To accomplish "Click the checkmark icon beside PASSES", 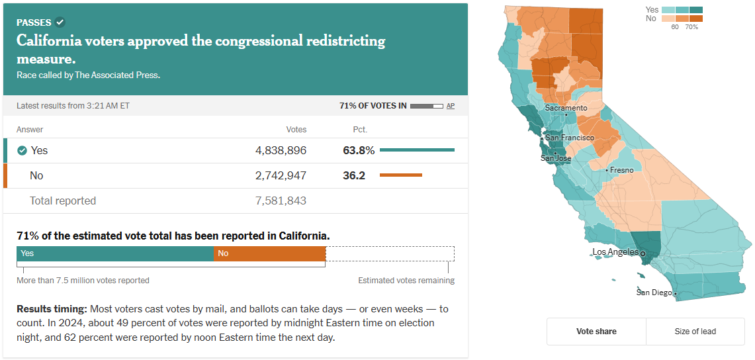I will (60, 22).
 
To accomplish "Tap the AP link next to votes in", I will (451, 106).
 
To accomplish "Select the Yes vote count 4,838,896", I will (281, 150).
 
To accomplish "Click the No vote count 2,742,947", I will (281, 175).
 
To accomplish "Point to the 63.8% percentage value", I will (359, 150).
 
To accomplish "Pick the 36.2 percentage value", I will (354, 175).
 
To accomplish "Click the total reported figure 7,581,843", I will (281, 201).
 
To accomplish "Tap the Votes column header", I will (296, 130).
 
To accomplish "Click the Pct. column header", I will (360, 130).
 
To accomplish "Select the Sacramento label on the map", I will (566, 108).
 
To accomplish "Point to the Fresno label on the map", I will (621, 170).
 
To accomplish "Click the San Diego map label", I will (654, 292).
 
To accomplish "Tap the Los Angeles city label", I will (615, 252).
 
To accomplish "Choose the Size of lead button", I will (695, 332).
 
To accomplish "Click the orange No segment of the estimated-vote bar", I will (269, 253).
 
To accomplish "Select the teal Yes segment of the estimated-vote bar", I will (115, 253).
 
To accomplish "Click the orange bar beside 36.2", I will (401, 175).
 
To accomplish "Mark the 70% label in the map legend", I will (691, 27).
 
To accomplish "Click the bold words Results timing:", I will (52, 309).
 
